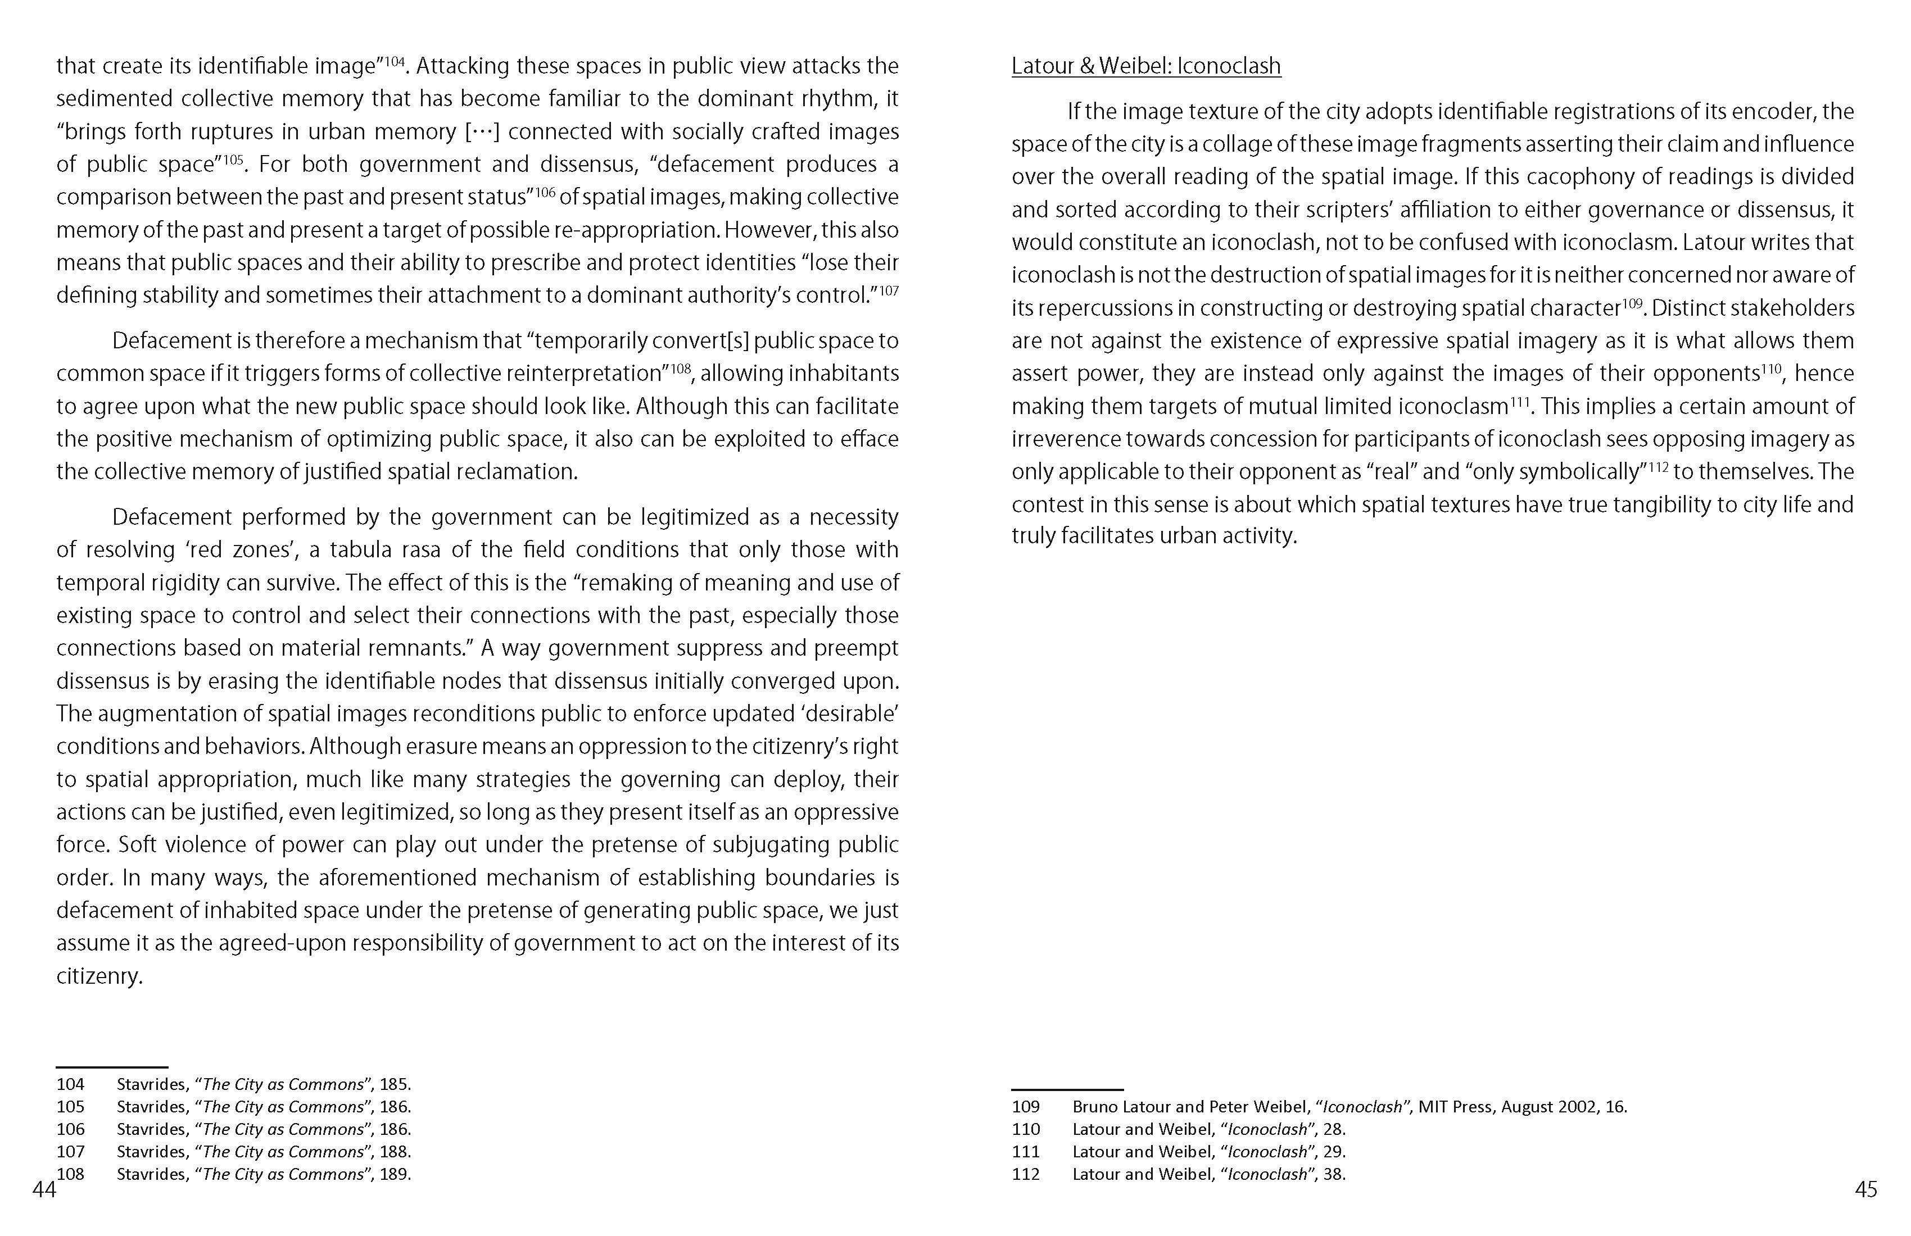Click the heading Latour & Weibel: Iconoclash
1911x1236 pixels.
pyautogui.click(x=1146, y=66)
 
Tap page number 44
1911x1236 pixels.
pyautogui.click(x=44, y=1189)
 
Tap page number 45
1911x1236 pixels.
pyautogui.click(x=1865, y=1189)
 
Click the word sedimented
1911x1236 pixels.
pyautogui.click(x=112, y=99)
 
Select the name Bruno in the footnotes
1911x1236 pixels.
pyautogui.click(x=1095, y=1107)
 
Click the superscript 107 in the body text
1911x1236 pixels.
pyautogui.click(x=889, y=290)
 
